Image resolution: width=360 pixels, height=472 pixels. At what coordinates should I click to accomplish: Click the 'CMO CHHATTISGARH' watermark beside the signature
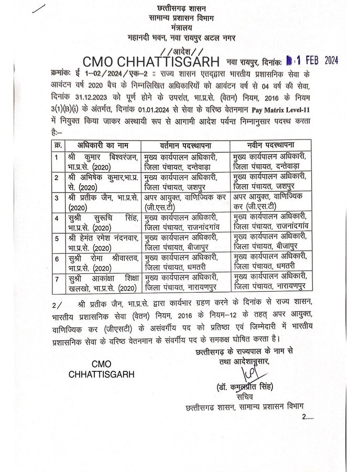[x=102, y=369]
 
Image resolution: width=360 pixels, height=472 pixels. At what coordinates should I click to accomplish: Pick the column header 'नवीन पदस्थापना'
[x=272, y=144]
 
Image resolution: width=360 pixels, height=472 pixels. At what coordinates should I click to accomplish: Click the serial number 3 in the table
[x=57, y=198]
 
